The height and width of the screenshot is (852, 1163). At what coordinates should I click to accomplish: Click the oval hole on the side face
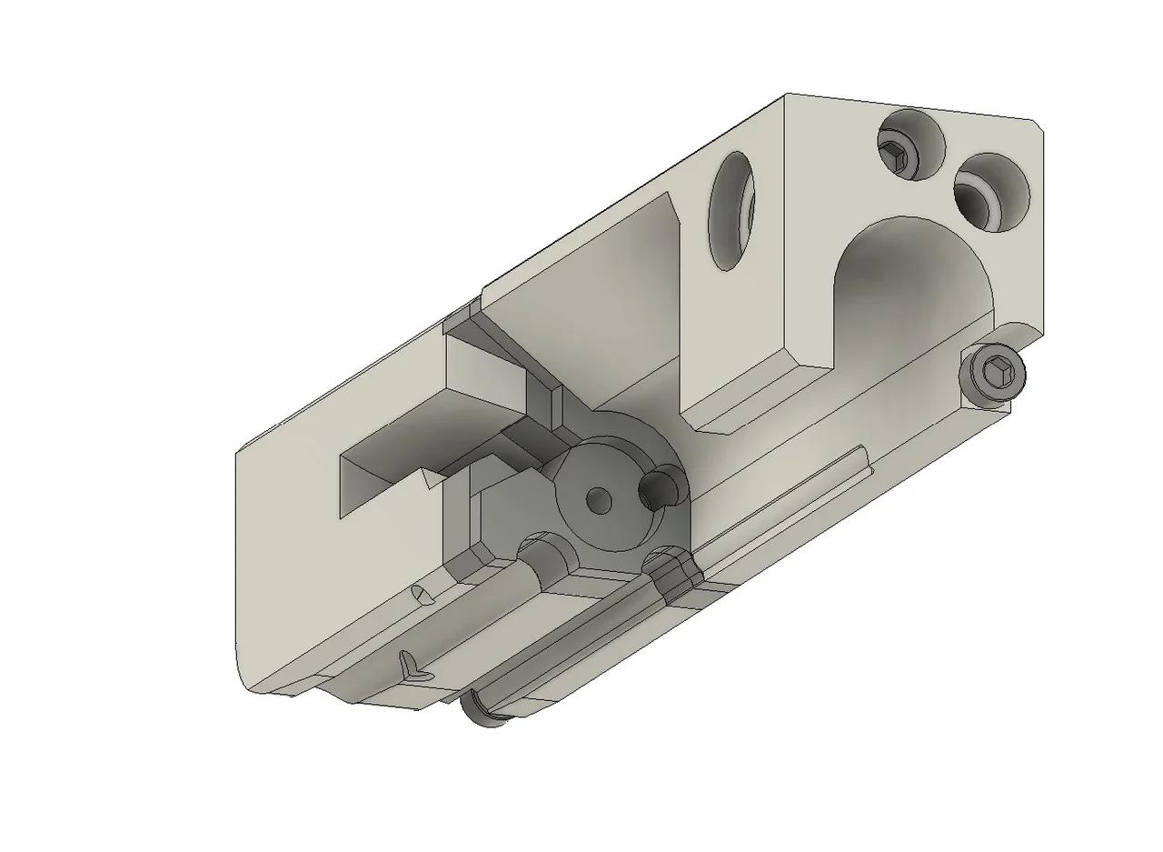(x=731, y=211)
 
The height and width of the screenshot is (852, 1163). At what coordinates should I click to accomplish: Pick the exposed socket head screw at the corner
(x=992, y=373)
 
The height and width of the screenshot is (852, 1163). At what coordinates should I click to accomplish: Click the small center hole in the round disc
(x=598, y=498)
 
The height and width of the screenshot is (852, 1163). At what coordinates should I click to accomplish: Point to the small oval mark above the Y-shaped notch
(x=421, y=596)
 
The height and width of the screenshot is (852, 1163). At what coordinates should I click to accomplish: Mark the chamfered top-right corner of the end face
(x=1039, y=127)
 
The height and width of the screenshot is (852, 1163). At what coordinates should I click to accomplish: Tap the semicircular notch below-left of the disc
(x=545, y=553)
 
